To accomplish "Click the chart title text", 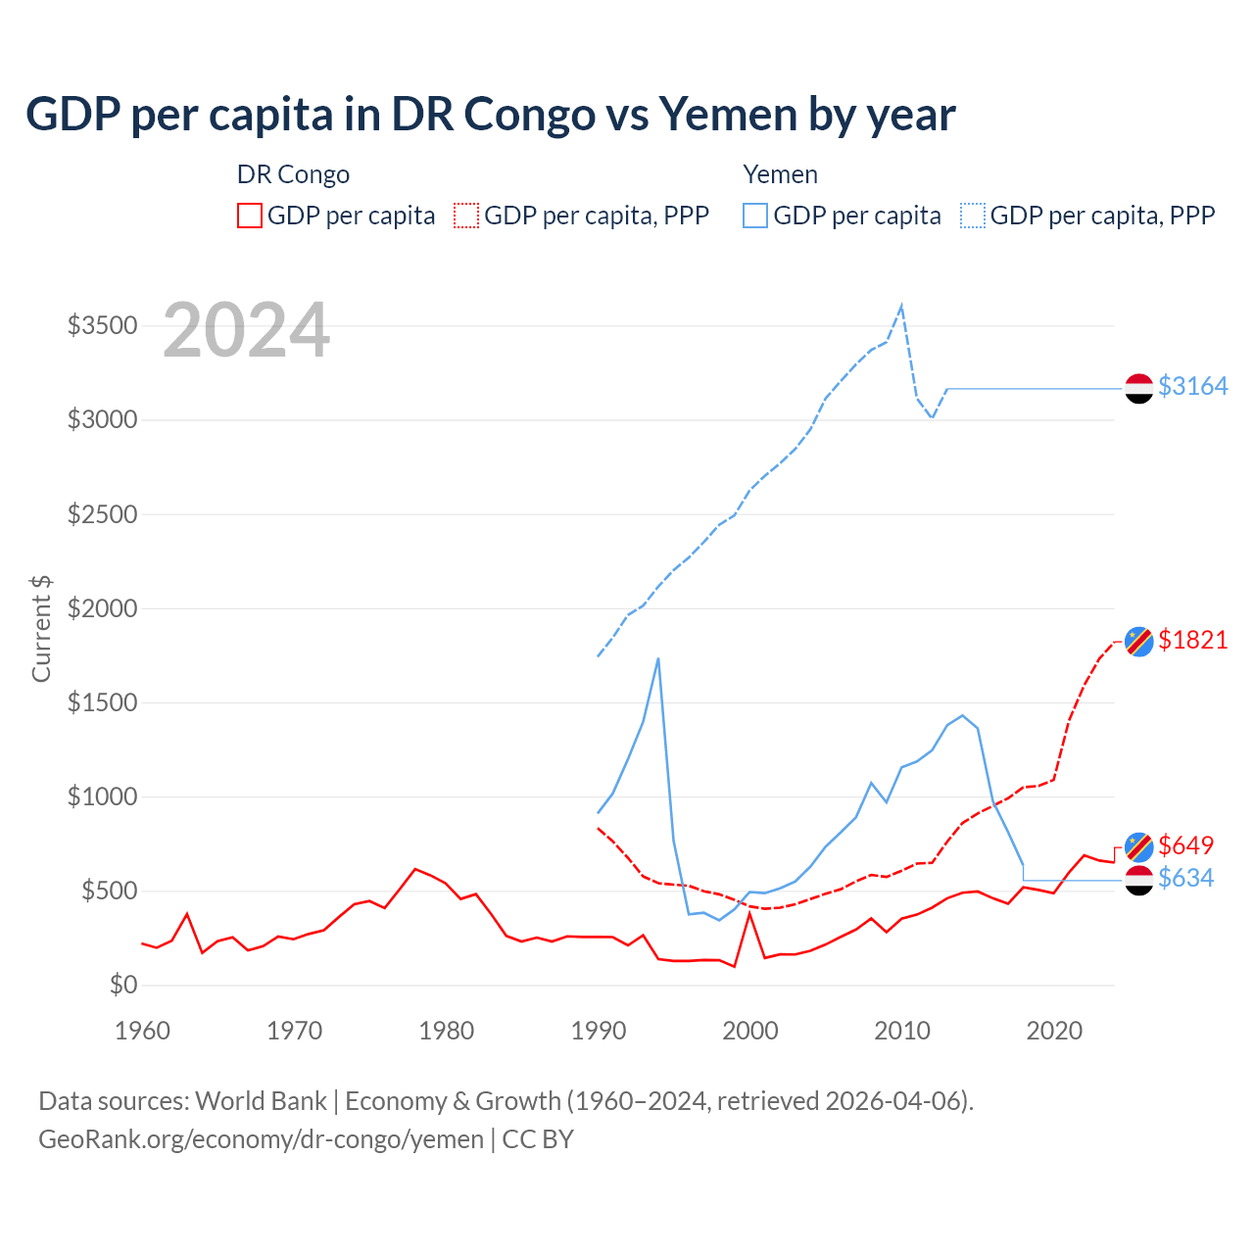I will (490, 115).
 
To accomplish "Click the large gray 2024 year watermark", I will (246, 330).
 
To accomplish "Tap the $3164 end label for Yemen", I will (1192, 387).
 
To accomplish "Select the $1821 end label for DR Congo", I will (1192, 641).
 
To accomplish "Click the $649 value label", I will (1185, 845).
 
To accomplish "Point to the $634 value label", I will (1185, 879).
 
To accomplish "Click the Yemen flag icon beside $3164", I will (1138, 389).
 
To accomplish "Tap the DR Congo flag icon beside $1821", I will (1138, 641).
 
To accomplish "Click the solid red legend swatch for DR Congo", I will (250, 216).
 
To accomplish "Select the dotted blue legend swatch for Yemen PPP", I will (973, 216).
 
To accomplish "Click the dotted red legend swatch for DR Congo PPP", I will (467, 216).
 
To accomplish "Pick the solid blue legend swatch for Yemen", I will (755, 216).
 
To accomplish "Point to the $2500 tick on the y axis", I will (102, 514).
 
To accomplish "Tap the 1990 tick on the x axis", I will (599, 1031).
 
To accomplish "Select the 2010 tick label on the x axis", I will (902, 1031).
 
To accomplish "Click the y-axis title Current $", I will (41, 629).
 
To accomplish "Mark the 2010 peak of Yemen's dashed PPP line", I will (901, 306).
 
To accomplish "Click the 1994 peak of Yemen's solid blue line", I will (658, 658).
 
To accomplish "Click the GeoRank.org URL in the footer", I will (261, 1139).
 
